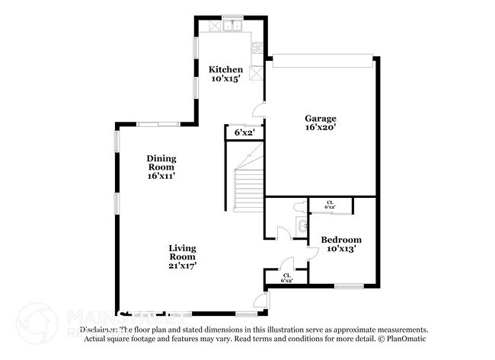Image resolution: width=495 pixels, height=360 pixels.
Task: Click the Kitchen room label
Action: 226,69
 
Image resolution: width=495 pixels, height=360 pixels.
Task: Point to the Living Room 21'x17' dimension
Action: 183,266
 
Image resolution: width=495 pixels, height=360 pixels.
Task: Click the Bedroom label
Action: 340,239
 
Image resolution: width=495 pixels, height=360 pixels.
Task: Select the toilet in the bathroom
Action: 295,207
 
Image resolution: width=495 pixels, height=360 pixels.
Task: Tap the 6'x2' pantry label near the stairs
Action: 244,132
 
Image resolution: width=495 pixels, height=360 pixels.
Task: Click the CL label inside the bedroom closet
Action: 331,204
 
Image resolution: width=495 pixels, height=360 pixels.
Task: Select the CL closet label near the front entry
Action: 287,277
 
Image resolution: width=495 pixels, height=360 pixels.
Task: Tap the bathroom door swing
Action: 284,232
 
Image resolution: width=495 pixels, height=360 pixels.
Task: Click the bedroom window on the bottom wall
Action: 348,286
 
